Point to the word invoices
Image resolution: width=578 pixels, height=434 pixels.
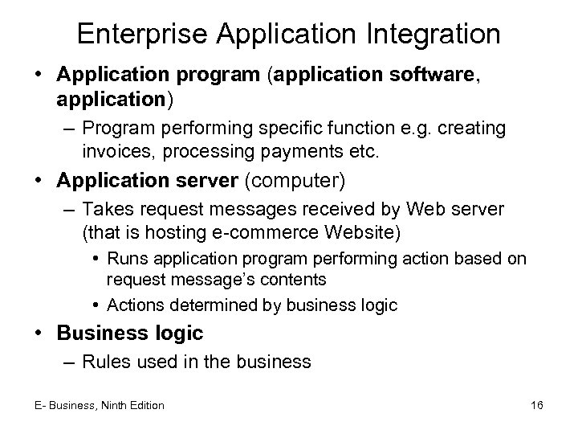[112, 151]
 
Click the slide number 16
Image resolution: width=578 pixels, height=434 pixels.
[537, 406]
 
